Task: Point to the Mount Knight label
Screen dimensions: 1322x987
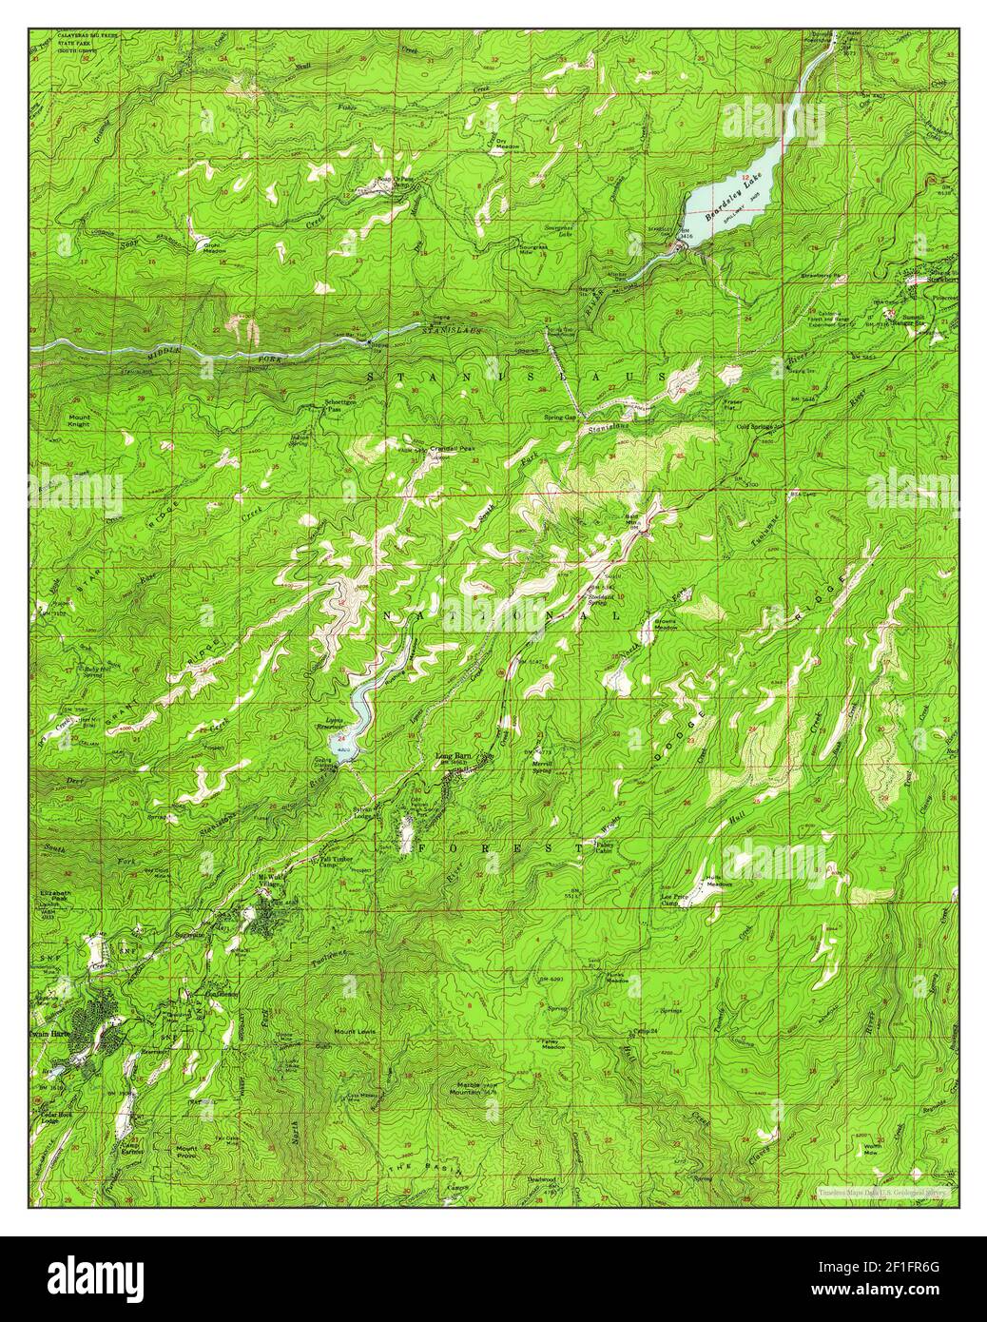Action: (79, 420)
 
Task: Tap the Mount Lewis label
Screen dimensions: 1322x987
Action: (351, 1031)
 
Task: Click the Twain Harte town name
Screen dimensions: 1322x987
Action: (49, 1034)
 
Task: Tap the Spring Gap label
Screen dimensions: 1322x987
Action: (559, 418)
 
